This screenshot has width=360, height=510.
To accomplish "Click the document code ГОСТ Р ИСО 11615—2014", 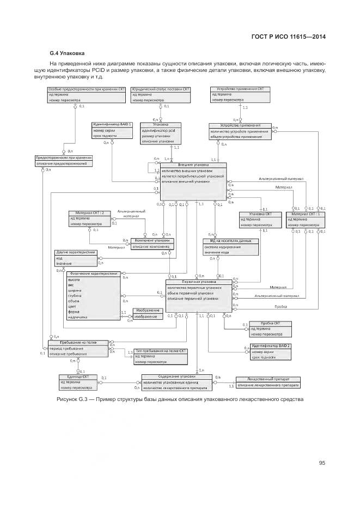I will [x=296, y=37].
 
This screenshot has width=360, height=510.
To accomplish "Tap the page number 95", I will [x=322, y=463].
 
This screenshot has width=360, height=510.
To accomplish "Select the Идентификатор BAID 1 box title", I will [x=112, y=125].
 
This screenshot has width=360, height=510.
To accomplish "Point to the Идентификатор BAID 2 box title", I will [x=271, y=346].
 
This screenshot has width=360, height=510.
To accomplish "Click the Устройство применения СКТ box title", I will [x=240, y=88].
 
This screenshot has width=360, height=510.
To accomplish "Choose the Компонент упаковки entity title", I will [x=152, y=240].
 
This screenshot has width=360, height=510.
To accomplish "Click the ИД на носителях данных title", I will [x=230, y=240].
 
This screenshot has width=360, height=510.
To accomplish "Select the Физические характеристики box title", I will [x=87, y=274].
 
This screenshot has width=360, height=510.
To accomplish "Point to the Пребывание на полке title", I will [x=78, y=342].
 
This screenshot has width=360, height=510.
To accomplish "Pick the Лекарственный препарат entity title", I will [x=267, y=380].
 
